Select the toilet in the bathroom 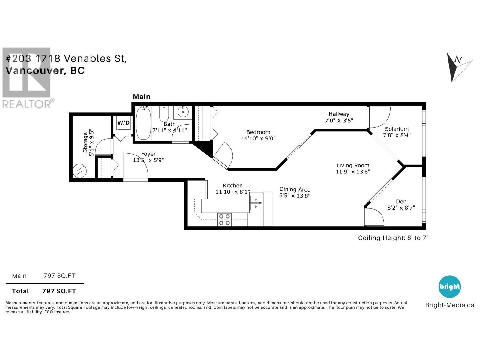(164, 114)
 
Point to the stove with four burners (224, 219)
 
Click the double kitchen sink (256, 203)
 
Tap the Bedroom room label (258, 132)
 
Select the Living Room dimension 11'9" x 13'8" (353, 172)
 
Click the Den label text (401, 202)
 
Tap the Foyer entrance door (136, 166)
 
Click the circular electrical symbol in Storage (80, 171)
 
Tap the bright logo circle (449, 286)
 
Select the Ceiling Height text (393, 238)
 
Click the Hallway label (339, 114)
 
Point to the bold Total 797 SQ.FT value (59, 291)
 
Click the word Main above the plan (142, 97)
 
